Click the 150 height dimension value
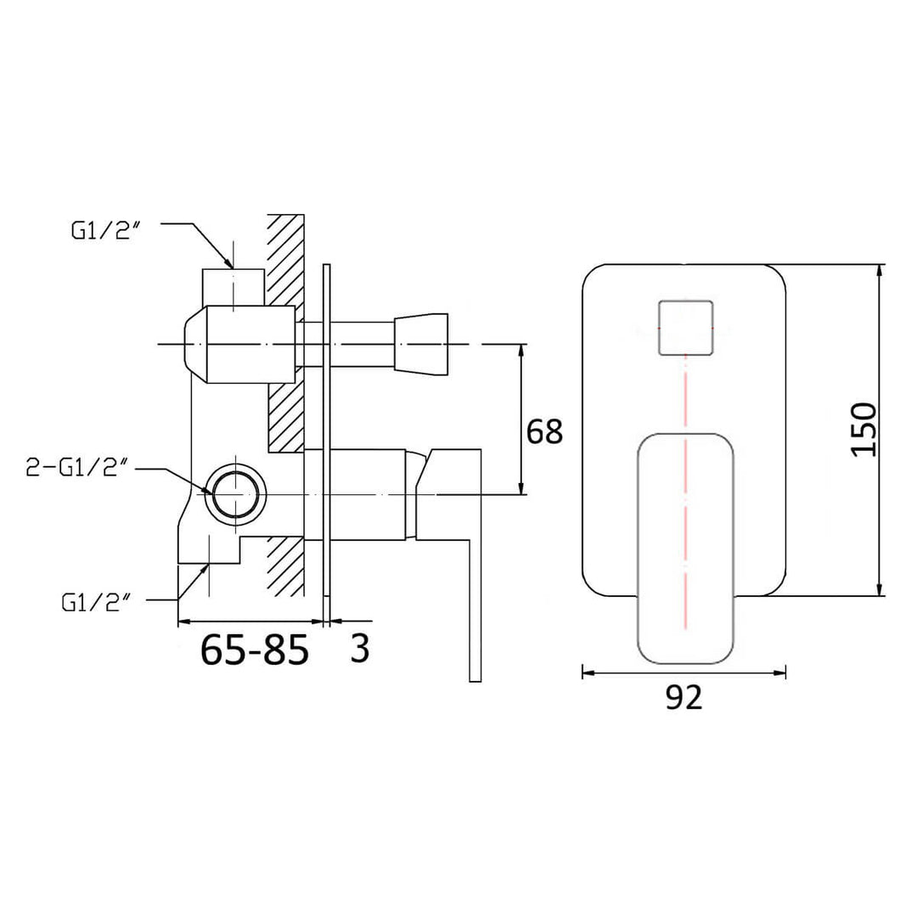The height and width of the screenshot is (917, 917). point(863,429)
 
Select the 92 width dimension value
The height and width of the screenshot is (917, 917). point(684,697)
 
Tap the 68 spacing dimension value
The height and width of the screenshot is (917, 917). point(544,431)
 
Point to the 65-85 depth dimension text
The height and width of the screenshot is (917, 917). point(255,651)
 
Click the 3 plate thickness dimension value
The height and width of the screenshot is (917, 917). point(360,650)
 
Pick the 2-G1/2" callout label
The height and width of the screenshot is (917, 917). point(77,467)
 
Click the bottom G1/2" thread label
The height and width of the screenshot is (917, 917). point(96,603)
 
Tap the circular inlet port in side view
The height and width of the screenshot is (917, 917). point(238,493)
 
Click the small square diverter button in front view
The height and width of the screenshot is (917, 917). point(686,328)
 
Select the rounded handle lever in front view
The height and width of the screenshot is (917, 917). point(685,549)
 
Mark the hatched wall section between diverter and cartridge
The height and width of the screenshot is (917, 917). point(286,417)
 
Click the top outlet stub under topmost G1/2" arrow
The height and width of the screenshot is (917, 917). point(233,285)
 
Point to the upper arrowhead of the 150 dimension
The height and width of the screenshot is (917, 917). point(880,270)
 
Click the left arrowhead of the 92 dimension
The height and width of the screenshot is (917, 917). point(587,672)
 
